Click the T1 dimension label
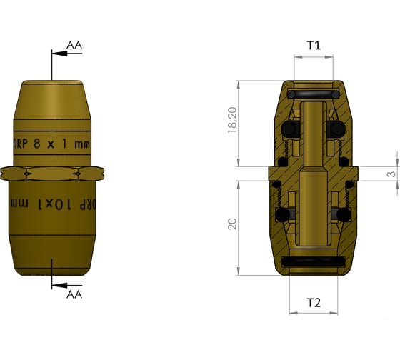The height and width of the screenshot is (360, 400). (314, 45)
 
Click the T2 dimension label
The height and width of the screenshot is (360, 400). (314, 302)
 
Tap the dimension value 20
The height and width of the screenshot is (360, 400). (231, 224)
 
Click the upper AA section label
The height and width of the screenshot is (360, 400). (74, 45)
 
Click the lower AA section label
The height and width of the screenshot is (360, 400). (74, 294)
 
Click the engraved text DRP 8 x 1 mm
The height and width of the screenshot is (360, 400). (53, 143)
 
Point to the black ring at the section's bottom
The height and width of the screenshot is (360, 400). (314, 262)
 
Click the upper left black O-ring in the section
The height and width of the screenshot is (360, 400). (289, 129)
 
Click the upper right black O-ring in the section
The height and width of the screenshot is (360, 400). (336, 129)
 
